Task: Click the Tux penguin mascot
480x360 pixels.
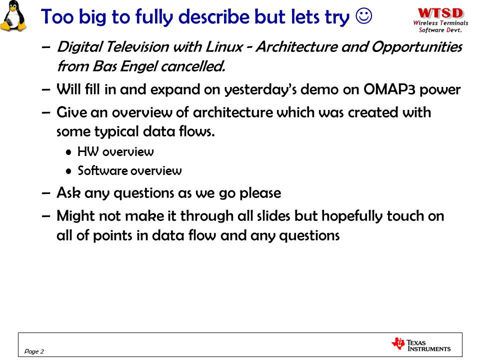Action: tap(13, 16)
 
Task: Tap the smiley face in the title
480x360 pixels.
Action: tap(364, 15)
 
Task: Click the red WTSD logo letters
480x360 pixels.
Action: tap(441, 13)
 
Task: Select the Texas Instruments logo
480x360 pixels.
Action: tap(421, 344)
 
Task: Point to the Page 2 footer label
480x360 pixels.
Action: tap(34, 351)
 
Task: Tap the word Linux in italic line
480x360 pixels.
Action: tap(224, 47)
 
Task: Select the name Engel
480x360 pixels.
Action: tap(139, 66)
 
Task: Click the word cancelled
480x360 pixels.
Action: tap(193, 66)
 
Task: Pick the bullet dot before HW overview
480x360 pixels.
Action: tap(68, 152)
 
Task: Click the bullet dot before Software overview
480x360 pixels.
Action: tap(68, 171)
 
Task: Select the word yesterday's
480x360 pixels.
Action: tap(260, 90)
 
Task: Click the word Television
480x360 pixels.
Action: tap(138, 47)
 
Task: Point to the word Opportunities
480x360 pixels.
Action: tap(417, 47)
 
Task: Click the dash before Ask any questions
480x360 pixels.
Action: tap(46, 193)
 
